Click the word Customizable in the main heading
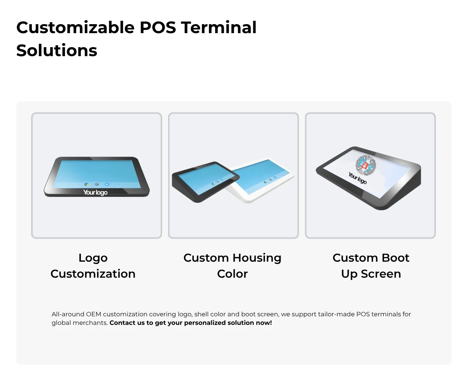click(75, 28)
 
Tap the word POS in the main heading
click(158, 28)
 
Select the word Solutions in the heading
click(57, 50)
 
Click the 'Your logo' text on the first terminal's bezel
click(95, 192)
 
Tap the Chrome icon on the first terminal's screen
click(86, 184)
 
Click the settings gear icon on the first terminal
click(97, 184)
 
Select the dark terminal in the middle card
click(205, 182)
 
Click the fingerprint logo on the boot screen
click(366, 165)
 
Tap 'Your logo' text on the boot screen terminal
click(357, 178)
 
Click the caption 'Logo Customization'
click(93, 266)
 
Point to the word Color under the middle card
click(232, 274)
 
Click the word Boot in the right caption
click(395, 258)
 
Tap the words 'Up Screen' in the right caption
click(371, 274)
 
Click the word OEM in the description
click(93, 314)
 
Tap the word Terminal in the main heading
click(219, 28)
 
